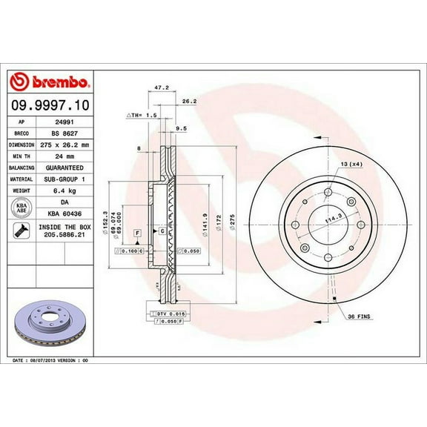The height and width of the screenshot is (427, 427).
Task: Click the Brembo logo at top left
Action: coord(50,79)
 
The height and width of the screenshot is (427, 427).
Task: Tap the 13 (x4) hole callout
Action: coord(352,163)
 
